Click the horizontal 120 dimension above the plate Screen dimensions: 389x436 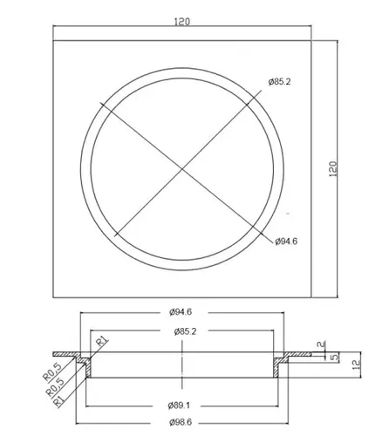pos(182,22)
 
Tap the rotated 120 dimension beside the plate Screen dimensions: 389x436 pos(333,168)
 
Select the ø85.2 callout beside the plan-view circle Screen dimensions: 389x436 pos(279,82)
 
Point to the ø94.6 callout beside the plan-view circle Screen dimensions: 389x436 pos(286,242)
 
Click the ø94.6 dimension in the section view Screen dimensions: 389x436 pos(181,312)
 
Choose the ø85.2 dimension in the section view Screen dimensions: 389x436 pos(185,331)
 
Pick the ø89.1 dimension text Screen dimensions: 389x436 pos(179,405)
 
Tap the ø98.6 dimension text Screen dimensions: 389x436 pos(181,422)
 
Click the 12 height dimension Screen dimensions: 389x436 pos(357,364)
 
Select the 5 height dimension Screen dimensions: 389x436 pos(335,357)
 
